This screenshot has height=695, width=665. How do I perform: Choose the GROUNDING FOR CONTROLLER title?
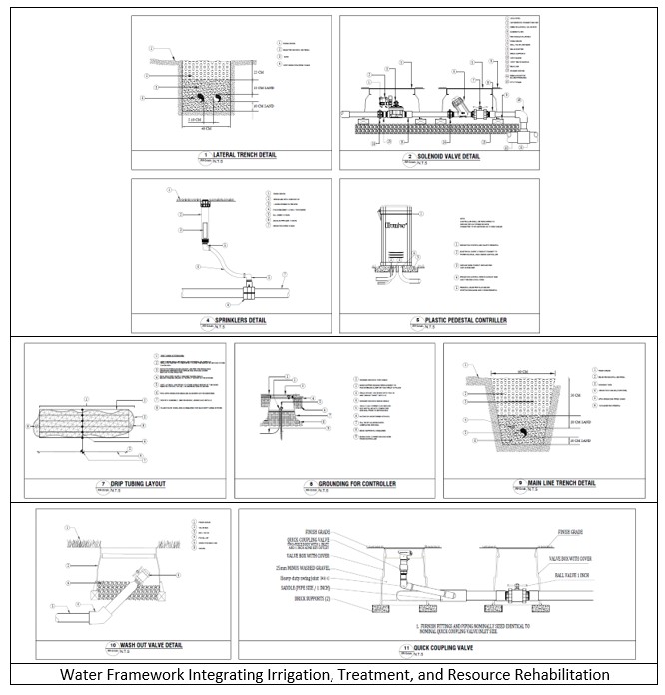click(x=340, y=484)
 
